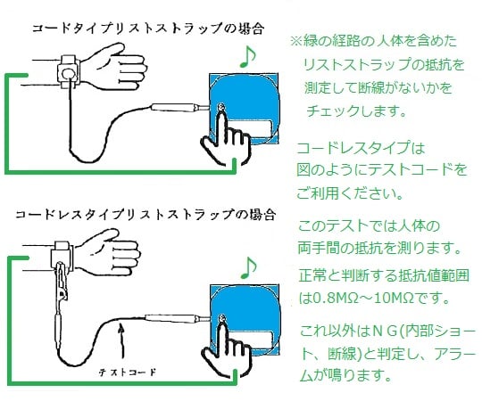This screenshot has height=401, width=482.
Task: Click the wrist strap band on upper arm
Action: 67,69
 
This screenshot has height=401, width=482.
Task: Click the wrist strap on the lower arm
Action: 62,255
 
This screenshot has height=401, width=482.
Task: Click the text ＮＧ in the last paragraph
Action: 378,329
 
